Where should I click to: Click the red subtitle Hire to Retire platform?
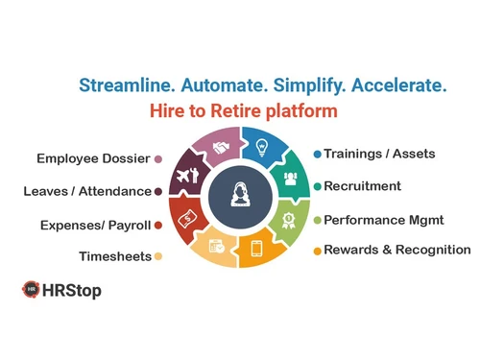243,110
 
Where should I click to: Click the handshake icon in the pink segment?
221,148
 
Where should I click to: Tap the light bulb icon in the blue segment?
260,148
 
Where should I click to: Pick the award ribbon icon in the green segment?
288,218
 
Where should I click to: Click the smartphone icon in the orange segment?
257,248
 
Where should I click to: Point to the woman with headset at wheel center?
239,197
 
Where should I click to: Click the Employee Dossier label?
91,158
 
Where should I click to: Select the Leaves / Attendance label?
87,191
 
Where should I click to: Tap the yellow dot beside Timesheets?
158,256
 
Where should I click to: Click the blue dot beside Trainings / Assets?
318,154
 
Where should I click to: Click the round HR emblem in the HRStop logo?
31,289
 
